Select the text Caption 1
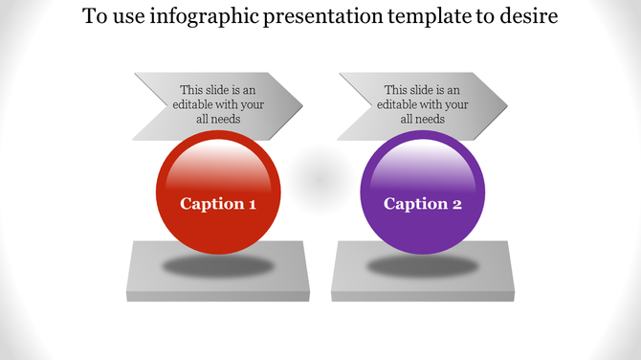[218, 204]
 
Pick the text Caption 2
[422, 204]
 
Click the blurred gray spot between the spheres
[320, 176]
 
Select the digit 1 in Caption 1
[252, 204]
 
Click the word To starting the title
[94, 17]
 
